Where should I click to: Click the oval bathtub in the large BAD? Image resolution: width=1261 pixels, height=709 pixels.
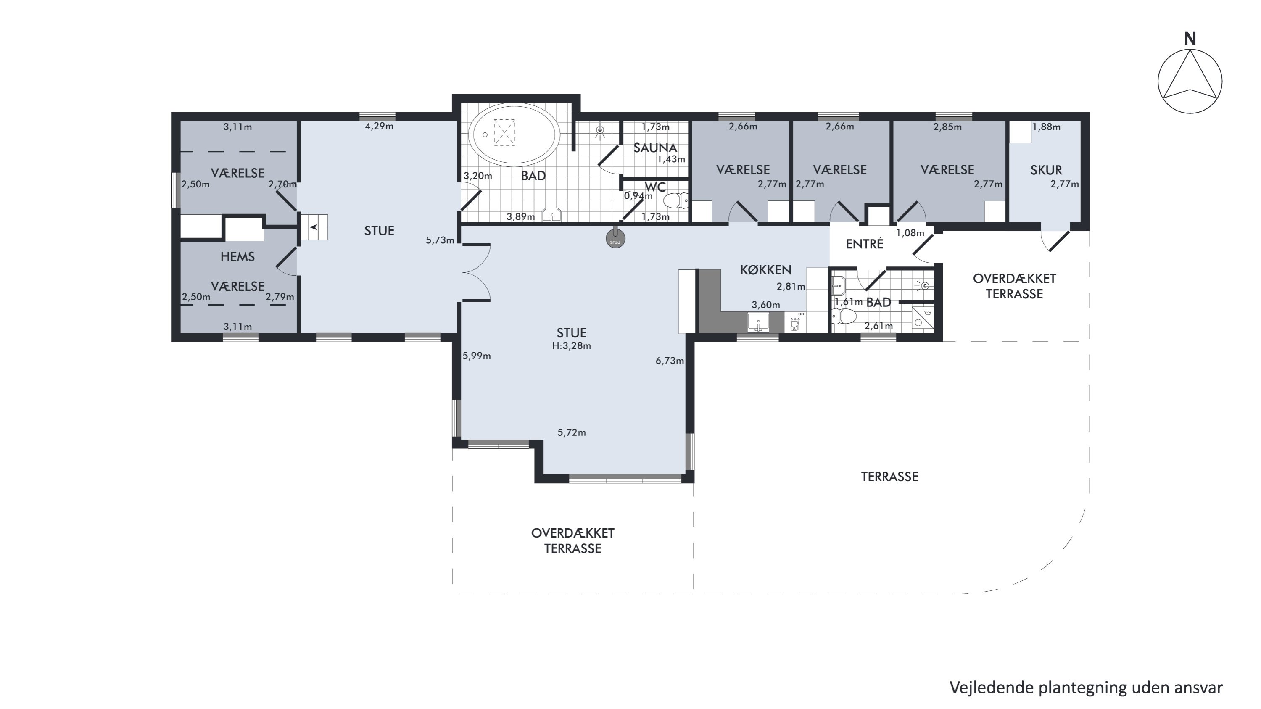(514, 134)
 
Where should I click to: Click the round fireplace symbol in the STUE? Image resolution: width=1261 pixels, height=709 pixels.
(615, 238)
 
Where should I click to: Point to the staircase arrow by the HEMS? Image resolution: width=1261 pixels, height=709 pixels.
(313, 227)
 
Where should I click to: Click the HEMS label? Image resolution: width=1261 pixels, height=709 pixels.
(237, 256)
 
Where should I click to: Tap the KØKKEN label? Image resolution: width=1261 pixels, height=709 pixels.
(765, 270)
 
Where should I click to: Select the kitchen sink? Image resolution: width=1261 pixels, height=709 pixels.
(758, 323)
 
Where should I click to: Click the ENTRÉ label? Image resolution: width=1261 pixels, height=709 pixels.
(865, 244)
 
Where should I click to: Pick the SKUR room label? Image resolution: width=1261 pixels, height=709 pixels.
(1046, 170)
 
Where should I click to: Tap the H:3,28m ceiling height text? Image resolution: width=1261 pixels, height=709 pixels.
(571, 346)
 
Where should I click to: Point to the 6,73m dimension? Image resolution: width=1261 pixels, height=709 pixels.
(670, 361)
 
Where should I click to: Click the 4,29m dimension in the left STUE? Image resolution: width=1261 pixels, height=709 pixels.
(380, 126)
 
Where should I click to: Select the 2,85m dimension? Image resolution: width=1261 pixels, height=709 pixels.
(947, 127)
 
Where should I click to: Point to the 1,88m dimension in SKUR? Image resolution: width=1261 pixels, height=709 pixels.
(1046, 127)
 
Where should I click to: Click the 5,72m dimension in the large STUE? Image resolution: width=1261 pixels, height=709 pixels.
(571, 432)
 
